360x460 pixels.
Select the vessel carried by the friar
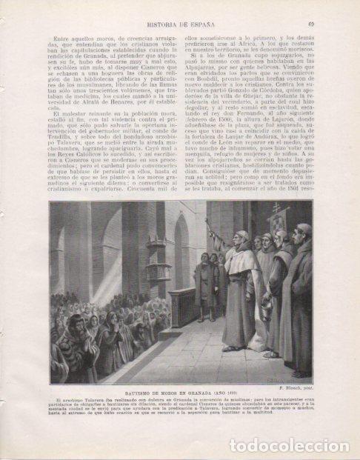265,308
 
